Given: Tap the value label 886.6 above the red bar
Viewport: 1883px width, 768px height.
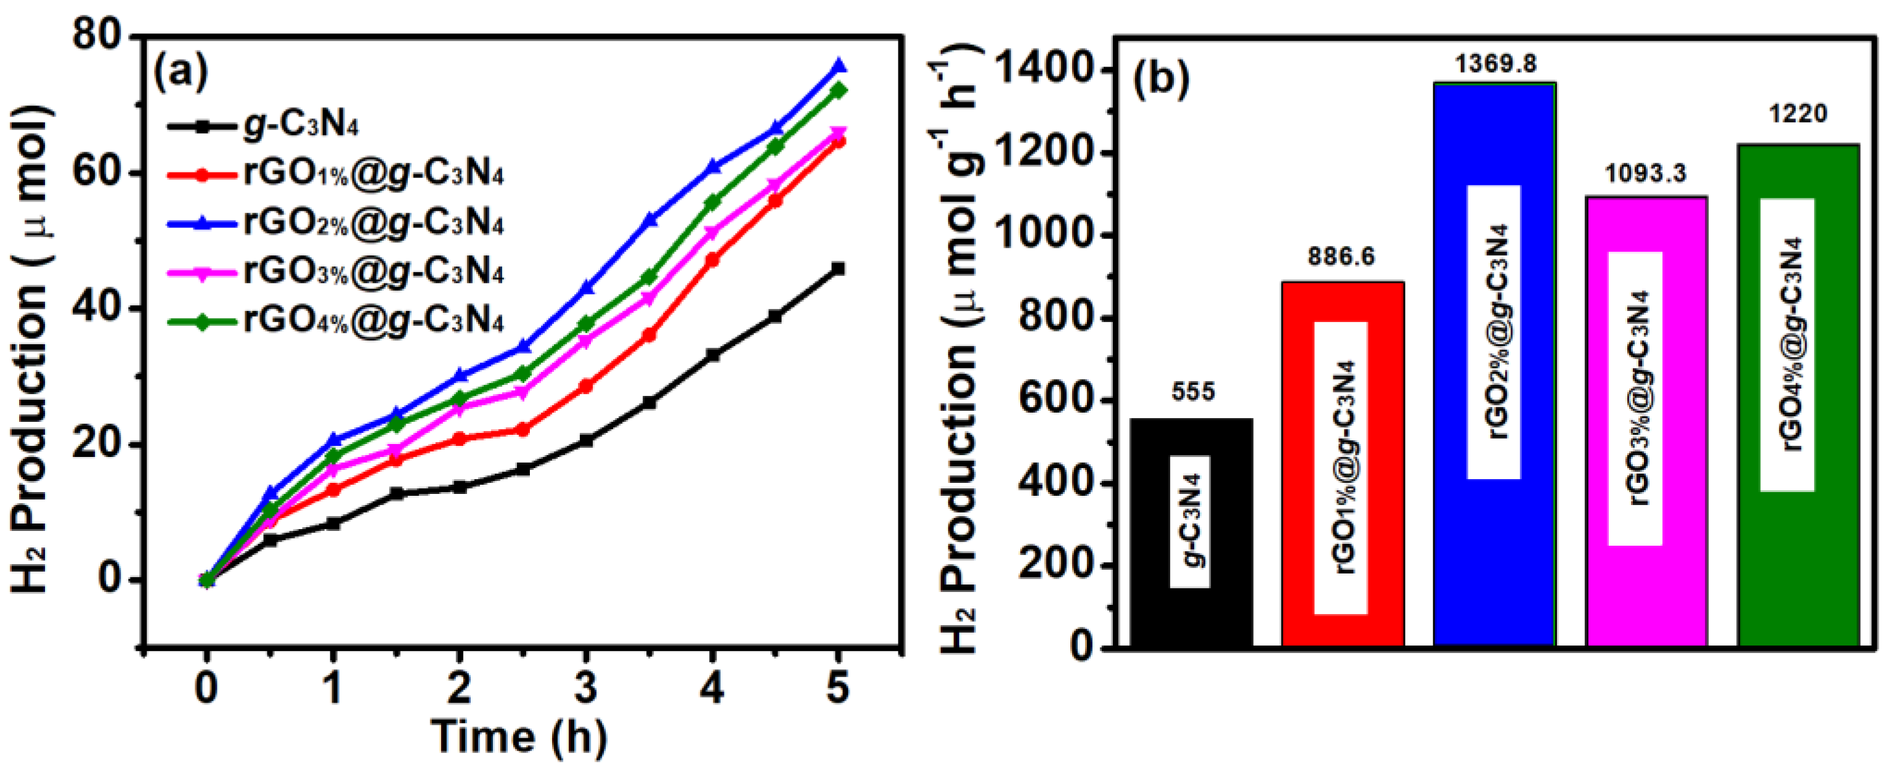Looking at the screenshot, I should coord(1341,256).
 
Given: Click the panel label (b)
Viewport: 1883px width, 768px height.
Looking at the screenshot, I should coord(1161,79).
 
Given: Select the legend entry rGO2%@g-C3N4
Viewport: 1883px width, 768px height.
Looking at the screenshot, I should coord(373,223).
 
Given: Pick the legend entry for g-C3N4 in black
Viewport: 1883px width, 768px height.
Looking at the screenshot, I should coord(299,126).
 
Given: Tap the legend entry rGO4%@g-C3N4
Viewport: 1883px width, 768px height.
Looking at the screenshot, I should coord(373,321).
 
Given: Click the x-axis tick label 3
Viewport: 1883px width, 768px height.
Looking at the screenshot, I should coord(585,687).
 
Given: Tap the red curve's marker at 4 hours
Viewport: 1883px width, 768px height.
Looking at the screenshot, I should coord(712,259).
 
